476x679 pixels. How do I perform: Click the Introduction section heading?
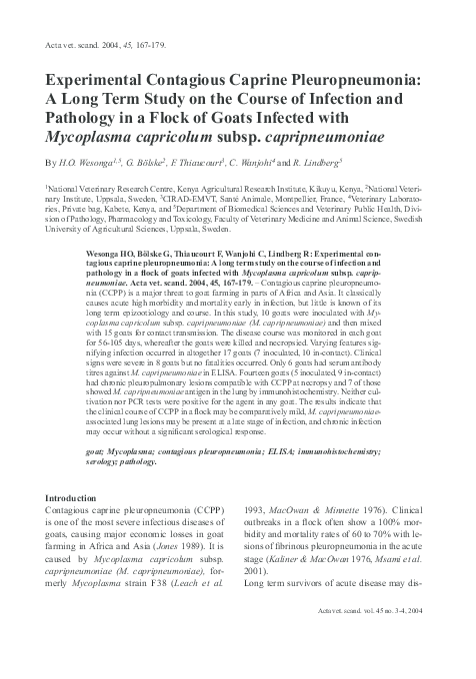point(79,497)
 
